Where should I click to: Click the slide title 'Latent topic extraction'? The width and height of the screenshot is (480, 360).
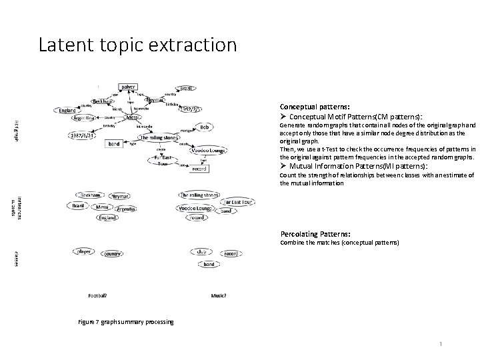pyautogui.click(x=137, y=45)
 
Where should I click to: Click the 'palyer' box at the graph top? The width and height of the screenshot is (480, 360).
pyautogui.click(x=128, y=87)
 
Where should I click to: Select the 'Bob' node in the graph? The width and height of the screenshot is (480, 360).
pyautogui.click(x=205, y=127)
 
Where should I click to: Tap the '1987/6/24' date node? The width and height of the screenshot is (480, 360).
pyautogui.click(x=83, y=136)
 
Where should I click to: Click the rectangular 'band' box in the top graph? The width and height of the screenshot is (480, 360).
pyautogui.click(x=114, y=143)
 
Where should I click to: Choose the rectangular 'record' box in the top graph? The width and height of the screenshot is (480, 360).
pyautogui.click(x=199, y=169)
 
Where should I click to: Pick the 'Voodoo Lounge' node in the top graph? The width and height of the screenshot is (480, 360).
pyautogui.click(x=207, y=150)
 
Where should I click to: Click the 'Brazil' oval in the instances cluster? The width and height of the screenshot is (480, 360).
pyautogui.click(x=79, y=206)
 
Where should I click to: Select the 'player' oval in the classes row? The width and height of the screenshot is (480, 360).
pyautogui.click(x=84, y=252)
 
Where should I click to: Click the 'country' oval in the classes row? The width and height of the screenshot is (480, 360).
pyautogui.click(x=112, y=254)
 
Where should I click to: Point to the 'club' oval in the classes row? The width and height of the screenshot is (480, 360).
pyautogui.click(x=201, y=251)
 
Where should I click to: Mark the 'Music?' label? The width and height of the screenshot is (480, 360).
pyautogui.click(x=219, y=295)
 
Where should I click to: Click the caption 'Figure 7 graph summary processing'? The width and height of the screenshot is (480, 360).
pyautogui.click(x=126, y=322)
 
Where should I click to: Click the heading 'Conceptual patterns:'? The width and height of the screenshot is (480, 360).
pyautogui.click(x=314, y=107)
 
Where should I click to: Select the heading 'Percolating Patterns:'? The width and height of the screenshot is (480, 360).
pyautogui.click(x=315, y=234)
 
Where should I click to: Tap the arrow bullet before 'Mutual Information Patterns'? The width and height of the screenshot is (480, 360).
pyautogui.click(x=283, y=165)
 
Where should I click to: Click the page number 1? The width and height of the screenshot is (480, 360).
pyautogui.click(x=441, y=343)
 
